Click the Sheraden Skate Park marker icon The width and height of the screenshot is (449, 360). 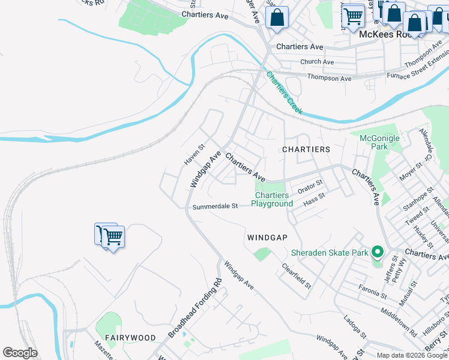377,253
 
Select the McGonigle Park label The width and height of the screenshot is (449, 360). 379,142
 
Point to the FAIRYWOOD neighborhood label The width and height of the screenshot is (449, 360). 130,338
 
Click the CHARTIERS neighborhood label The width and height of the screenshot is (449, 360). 306,149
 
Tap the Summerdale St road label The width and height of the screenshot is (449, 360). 215,206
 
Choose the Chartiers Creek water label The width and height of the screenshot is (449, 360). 285,94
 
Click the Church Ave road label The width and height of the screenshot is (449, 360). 317,62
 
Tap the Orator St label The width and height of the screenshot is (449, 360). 310,187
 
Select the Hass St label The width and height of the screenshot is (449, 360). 314,200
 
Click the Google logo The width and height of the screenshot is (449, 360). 20,353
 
